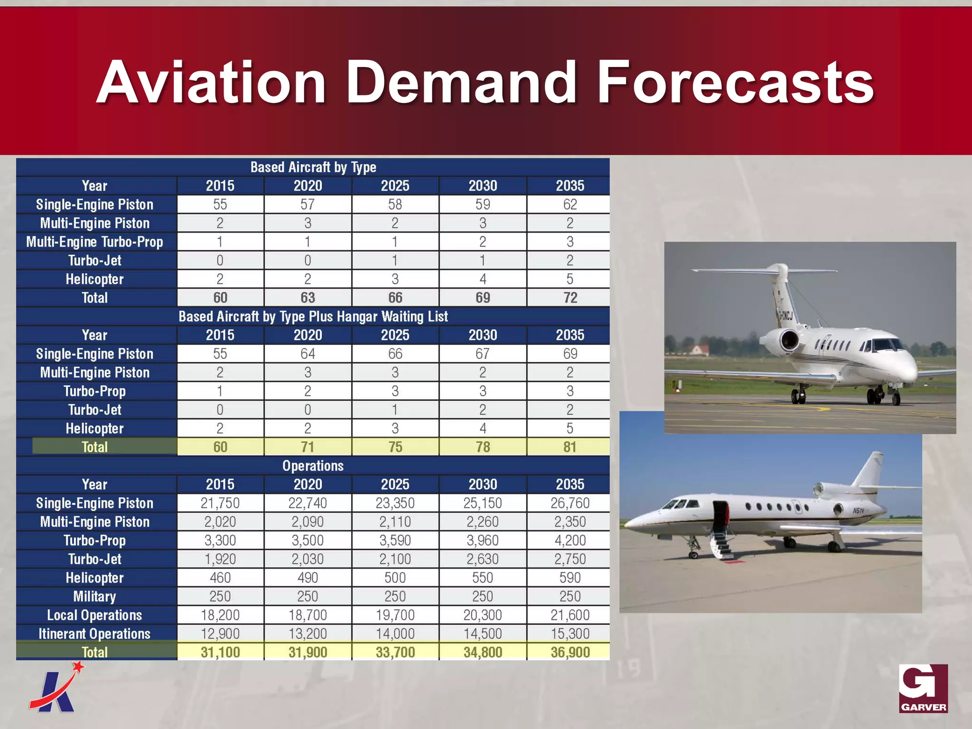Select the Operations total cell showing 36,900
coord(570,652)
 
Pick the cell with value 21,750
coord(220,503)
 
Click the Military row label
coord(94,597)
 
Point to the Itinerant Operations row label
coord(94,634)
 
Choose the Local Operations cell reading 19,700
coord(395,615)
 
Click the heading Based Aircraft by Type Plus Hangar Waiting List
coord(313,317)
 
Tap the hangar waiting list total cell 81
coord(570,447)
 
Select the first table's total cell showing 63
coord(308,298)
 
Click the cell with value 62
coord(570,205)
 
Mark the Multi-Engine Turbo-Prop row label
coord(94,242)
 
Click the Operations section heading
coord(313,466)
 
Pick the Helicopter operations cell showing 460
coord(220,578)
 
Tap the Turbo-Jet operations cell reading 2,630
coord(482,559)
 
